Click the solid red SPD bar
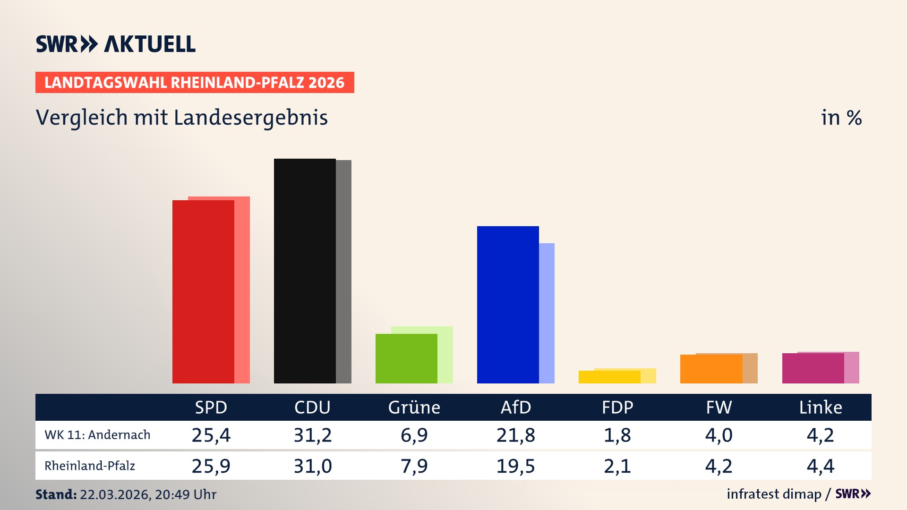[203, 291]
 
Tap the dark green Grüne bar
[406, 358]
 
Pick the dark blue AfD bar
[508, 305]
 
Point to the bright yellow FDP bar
[609, 377]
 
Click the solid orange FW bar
[711, 369]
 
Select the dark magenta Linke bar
[813, 368]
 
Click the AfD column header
[515, 407]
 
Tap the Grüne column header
[414, 407]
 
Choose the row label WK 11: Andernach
[97, 435]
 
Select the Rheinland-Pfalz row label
[90, 466]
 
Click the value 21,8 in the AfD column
[515, 435]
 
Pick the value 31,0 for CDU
[313, 466]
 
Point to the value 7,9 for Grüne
[414, 466]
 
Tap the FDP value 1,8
[617, 435]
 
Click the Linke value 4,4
[820, 466]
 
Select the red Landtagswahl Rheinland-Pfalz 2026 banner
[195, 83]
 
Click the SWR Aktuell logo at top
[116, 44]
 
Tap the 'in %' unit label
[841, 118]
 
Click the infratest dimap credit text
[774, 494]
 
